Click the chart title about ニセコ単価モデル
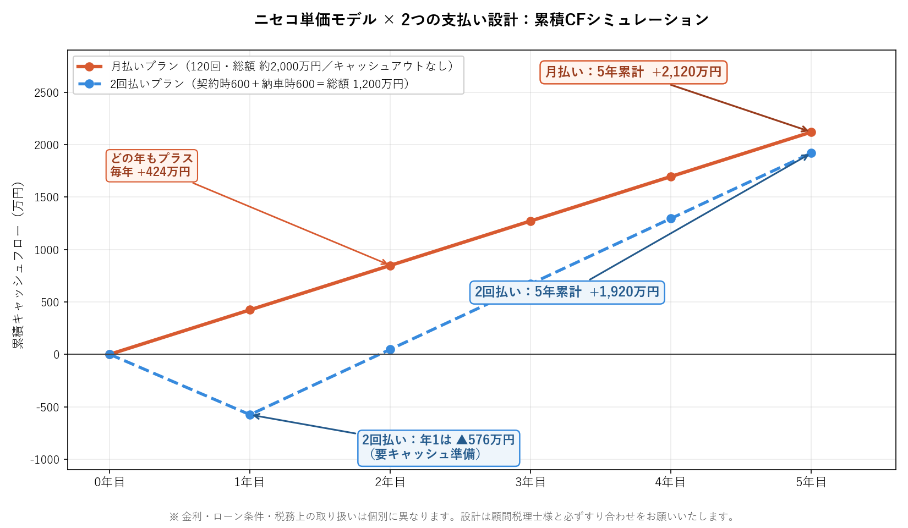481,20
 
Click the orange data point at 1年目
250,310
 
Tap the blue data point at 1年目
250,415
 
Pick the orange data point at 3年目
530,221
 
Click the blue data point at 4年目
671,218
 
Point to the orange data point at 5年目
811,132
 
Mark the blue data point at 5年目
811,153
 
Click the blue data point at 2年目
390,349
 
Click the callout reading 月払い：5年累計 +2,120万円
633,72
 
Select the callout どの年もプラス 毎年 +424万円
151,165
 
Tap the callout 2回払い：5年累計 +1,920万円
567,292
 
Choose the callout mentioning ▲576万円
438,447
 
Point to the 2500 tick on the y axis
47,92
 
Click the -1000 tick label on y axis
47,460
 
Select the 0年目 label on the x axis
110,482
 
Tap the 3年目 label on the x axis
530,482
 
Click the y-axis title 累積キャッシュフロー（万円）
18,265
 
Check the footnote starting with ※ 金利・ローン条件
452,516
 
